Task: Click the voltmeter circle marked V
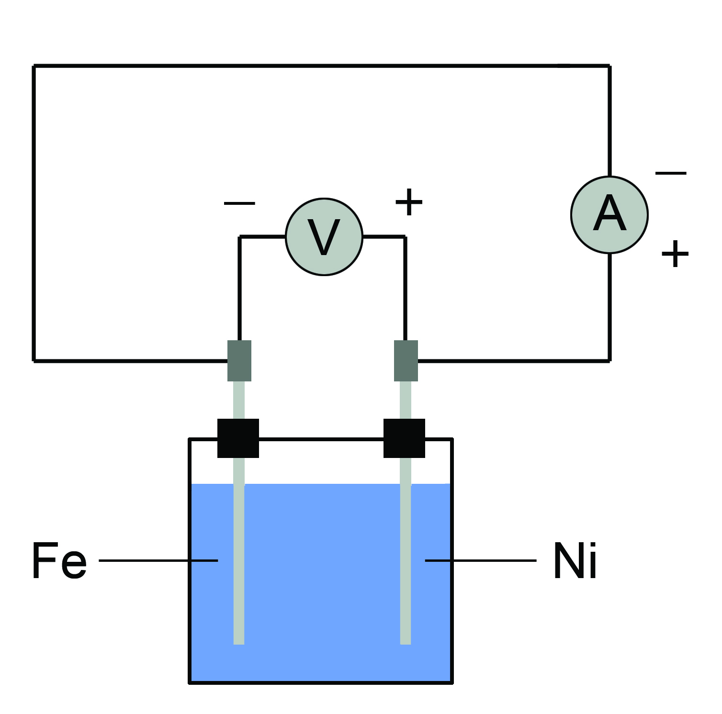point(324,237)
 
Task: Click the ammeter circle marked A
point(609,215)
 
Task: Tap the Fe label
point(59,560)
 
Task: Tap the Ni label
point(575,561)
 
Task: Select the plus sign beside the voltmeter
point(409,202)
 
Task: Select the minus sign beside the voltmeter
point(239,203)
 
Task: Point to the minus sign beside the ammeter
point(671,173)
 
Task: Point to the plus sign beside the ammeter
point(675,254)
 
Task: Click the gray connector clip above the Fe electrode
point(239,360)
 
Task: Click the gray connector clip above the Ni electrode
point(406,360)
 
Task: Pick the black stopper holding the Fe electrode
point(238,438)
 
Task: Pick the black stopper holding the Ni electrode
point(404,438)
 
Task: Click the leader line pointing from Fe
point(158,560)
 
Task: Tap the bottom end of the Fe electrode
point(239,641)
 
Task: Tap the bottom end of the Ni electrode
point(406,641)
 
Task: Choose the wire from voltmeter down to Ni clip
point(405,287)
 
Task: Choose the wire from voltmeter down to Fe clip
point(239,287)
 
